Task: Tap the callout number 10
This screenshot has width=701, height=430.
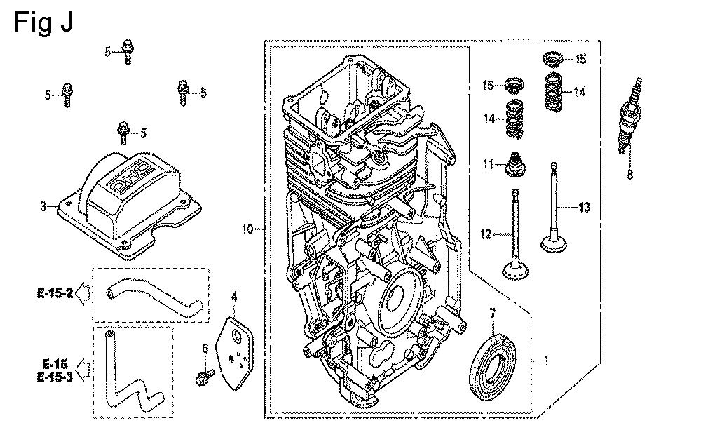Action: click(247, 229)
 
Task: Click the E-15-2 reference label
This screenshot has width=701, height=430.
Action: click(55, 293)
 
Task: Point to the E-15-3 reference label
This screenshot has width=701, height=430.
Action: click(55, 378)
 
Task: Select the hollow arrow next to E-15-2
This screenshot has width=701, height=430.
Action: click(83, 293)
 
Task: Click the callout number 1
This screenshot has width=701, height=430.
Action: click(546, 361)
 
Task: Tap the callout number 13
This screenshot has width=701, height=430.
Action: click(584, 207)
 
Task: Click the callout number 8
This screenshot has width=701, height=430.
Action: click(629, 175)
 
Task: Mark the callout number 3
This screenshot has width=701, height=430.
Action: click(43, 206)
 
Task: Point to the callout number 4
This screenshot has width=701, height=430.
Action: click(234, 297)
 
